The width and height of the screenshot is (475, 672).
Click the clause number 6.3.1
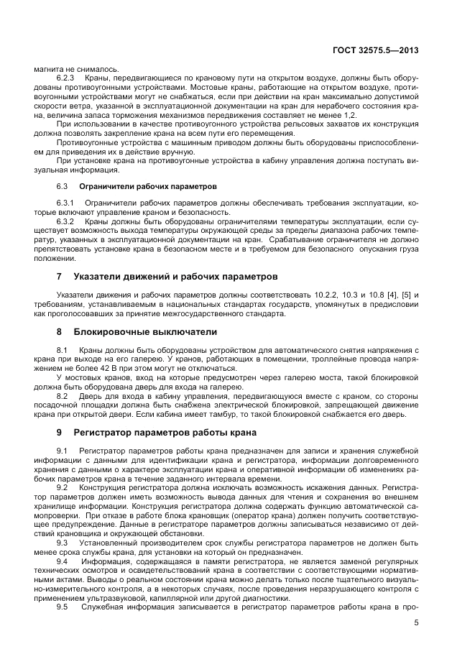(x=66, y=203)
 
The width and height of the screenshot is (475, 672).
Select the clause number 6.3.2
(x=66, y=222)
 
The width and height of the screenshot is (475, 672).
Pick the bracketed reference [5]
(x=402, y=295)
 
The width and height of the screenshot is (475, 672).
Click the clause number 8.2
(x=63, y=395)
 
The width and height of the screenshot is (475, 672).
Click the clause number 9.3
(x=63, y=543)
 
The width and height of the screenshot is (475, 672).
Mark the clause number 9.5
(x=63, y=607)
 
